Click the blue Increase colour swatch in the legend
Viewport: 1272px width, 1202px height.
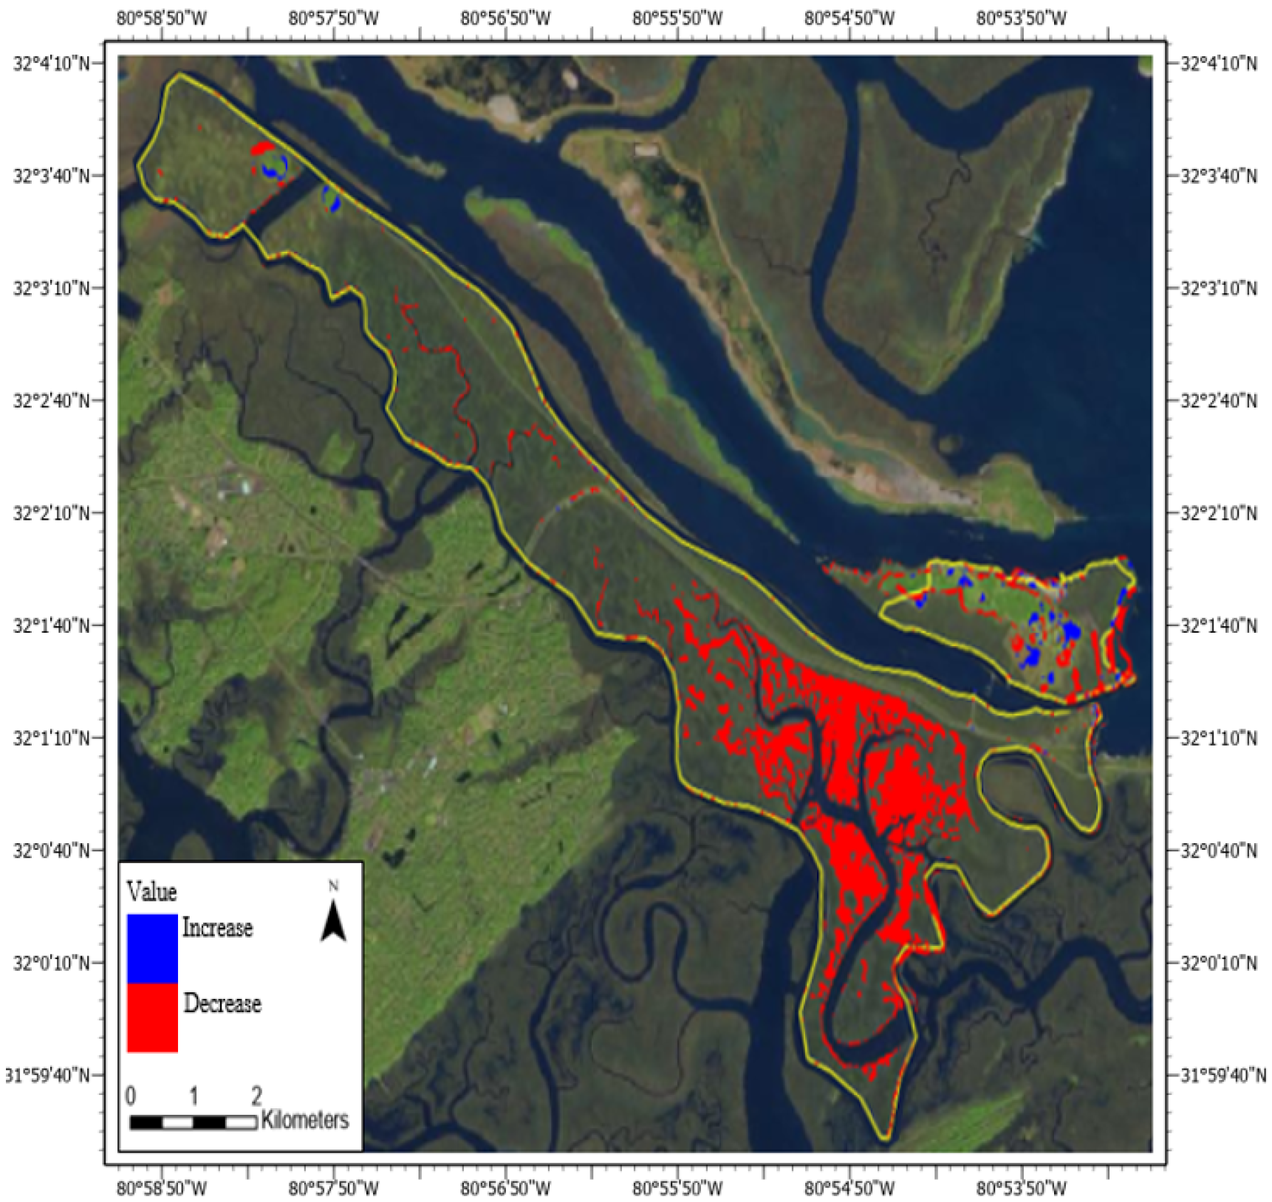(x=152, y=948)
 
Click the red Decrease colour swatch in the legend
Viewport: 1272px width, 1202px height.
(x=152, y=1017)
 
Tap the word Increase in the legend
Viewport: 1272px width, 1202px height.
(x=217, y=927)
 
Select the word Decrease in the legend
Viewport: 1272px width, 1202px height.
(x=222, y=1003)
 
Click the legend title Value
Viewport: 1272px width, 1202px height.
(x=151, y=891)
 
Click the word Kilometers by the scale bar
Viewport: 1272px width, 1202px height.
(x=304, y=1119)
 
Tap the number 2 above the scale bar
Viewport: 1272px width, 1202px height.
(x=256, y=1095)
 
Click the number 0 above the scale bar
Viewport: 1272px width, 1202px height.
(x=131, y=1095)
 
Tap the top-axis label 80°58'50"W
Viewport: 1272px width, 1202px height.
(x=162, y=18)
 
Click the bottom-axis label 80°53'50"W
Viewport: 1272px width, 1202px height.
(x=1021, y=1188)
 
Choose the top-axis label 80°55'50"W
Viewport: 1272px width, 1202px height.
(x=677, y=18)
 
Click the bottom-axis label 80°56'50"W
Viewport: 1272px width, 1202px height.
(x=505, y=1188)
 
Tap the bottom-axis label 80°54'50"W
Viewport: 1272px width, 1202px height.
(x=849, y=1188)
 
